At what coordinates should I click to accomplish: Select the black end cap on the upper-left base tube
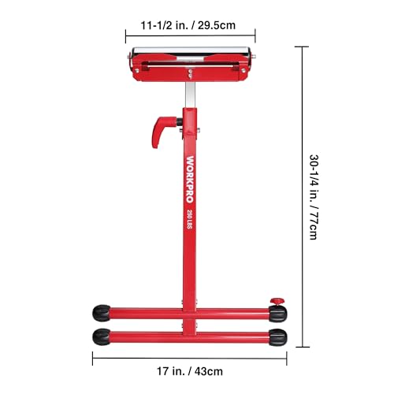102,313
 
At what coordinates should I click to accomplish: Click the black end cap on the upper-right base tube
277,314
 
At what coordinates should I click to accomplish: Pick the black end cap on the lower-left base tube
102,336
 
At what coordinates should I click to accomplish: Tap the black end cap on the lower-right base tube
277,337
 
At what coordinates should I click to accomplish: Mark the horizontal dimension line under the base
189,360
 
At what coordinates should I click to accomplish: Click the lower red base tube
189,337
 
